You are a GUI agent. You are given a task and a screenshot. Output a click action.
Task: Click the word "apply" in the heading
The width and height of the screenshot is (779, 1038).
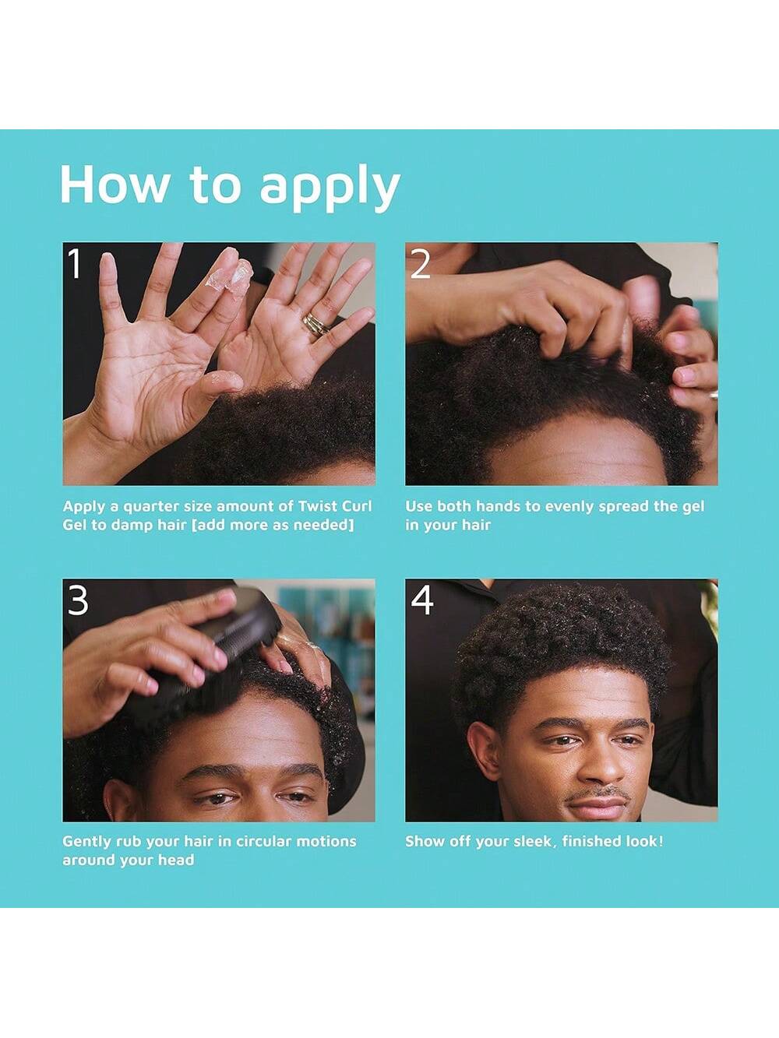tap(330, 188)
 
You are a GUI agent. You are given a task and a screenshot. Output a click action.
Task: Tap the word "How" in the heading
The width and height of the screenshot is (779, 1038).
tap(114, 185)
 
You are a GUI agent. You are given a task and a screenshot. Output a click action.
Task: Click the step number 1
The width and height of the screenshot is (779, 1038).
tap(75, 263)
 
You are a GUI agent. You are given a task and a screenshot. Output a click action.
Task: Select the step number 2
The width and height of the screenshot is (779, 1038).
tap(420, 263)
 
